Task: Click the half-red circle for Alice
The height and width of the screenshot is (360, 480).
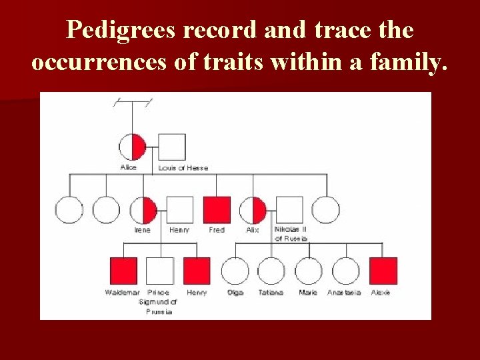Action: [x=132, y=147]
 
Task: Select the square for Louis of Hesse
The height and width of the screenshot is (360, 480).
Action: [x=172, y=147]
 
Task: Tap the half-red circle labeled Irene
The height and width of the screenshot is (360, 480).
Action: [x=143, y=209]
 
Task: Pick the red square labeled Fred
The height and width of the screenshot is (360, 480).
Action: [x=217, y=209]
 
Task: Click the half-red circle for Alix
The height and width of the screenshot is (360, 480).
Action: [x=253, y=209]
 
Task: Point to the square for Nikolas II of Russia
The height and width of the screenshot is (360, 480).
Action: [x=289, y=209]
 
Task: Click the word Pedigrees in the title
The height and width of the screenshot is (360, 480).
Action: [x=119, y=31]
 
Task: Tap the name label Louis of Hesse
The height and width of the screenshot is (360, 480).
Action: [x=183, y=168]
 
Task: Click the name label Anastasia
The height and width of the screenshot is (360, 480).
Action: [x=344, y=293]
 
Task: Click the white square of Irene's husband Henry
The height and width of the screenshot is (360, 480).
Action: [x=179, y=209]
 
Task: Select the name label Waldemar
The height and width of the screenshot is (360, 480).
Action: [x=122, y=293]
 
